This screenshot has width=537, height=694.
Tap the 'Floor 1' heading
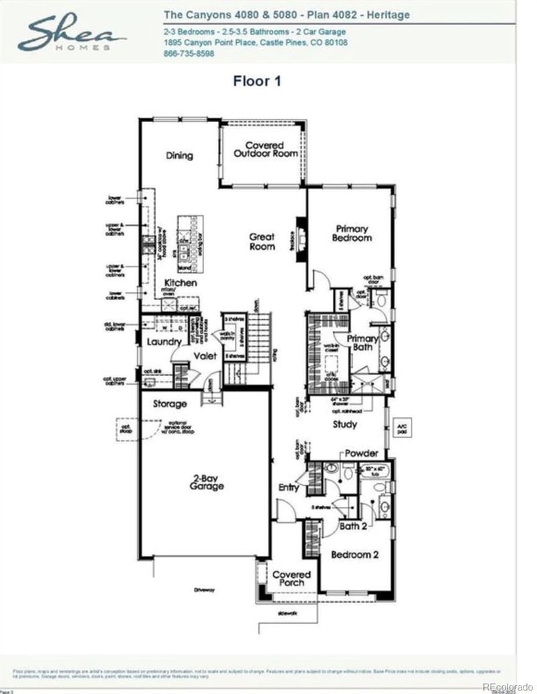[256, 82]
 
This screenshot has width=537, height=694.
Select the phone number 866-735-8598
[189, 54]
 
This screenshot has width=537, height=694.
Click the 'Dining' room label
[179, 156]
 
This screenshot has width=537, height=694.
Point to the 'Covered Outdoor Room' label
[264, 149]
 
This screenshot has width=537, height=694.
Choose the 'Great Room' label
[262, 241]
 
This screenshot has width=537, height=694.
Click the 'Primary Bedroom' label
[352, 233]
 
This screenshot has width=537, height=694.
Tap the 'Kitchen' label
[181, 283]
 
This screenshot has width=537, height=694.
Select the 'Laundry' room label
[164, 342]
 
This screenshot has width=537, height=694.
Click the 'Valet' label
[205, 356]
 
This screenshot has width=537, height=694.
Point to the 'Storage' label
[169, 404]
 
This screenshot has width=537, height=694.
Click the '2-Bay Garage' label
[205, 481]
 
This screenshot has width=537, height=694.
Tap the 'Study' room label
[345, 424]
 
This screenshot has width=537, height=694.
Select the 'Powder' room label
[361, 453]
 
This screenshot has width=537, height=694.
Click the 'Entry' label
[289, 487]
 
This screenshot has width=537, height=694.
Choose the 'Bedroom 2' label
[355, 554]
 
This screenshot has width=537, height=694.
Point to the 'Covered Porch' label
[291, 579]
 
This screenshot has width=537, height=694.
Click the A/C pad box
[403, 426]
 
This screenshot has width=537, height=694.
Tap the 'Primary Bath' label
[362, 343]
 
